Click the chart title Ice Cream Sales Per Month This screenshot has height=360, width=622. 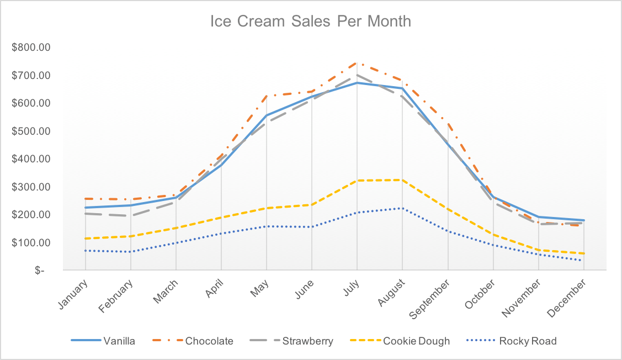(x=310, y=22)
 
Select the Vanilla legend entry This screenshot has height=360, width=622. (x=103, y=341)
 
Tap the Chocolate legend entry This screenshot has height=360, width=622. (x=193, y=341)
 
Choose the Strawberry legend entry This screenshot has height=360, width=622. (x=291, y=341)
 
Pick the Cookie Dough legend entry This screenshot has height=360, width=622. (x=400, y=341)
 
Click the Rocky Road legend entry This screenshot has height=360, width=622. (x=512, y=341)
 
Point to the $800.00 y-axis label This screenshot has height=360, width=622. (x=31, y=47)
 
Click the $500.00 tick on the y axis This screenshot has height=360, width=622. (x=31, y=131)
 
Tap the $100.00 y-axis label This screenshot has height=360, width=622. (x=31, y=242)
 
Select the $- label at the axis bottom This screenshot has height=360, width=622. (x=40, y=271)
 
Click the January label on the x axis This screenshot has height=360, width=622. (x=73, y=294)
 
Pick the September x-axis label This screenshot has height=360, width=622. (x=429, y=299)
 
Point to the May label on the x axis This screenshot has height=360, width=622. (x=260, y=288)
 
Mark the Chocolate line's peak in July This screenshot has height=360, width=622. (x=357, y=62)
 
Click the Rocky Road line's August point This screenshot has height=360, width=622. (x=402, y=208)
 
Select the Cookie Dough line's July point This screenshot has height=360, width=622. (x=357, y=181)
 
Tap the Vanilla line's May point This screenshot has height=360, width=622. (x=267, y=115)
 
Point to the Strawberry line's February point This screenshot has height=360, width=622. (x=130, y=215)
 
